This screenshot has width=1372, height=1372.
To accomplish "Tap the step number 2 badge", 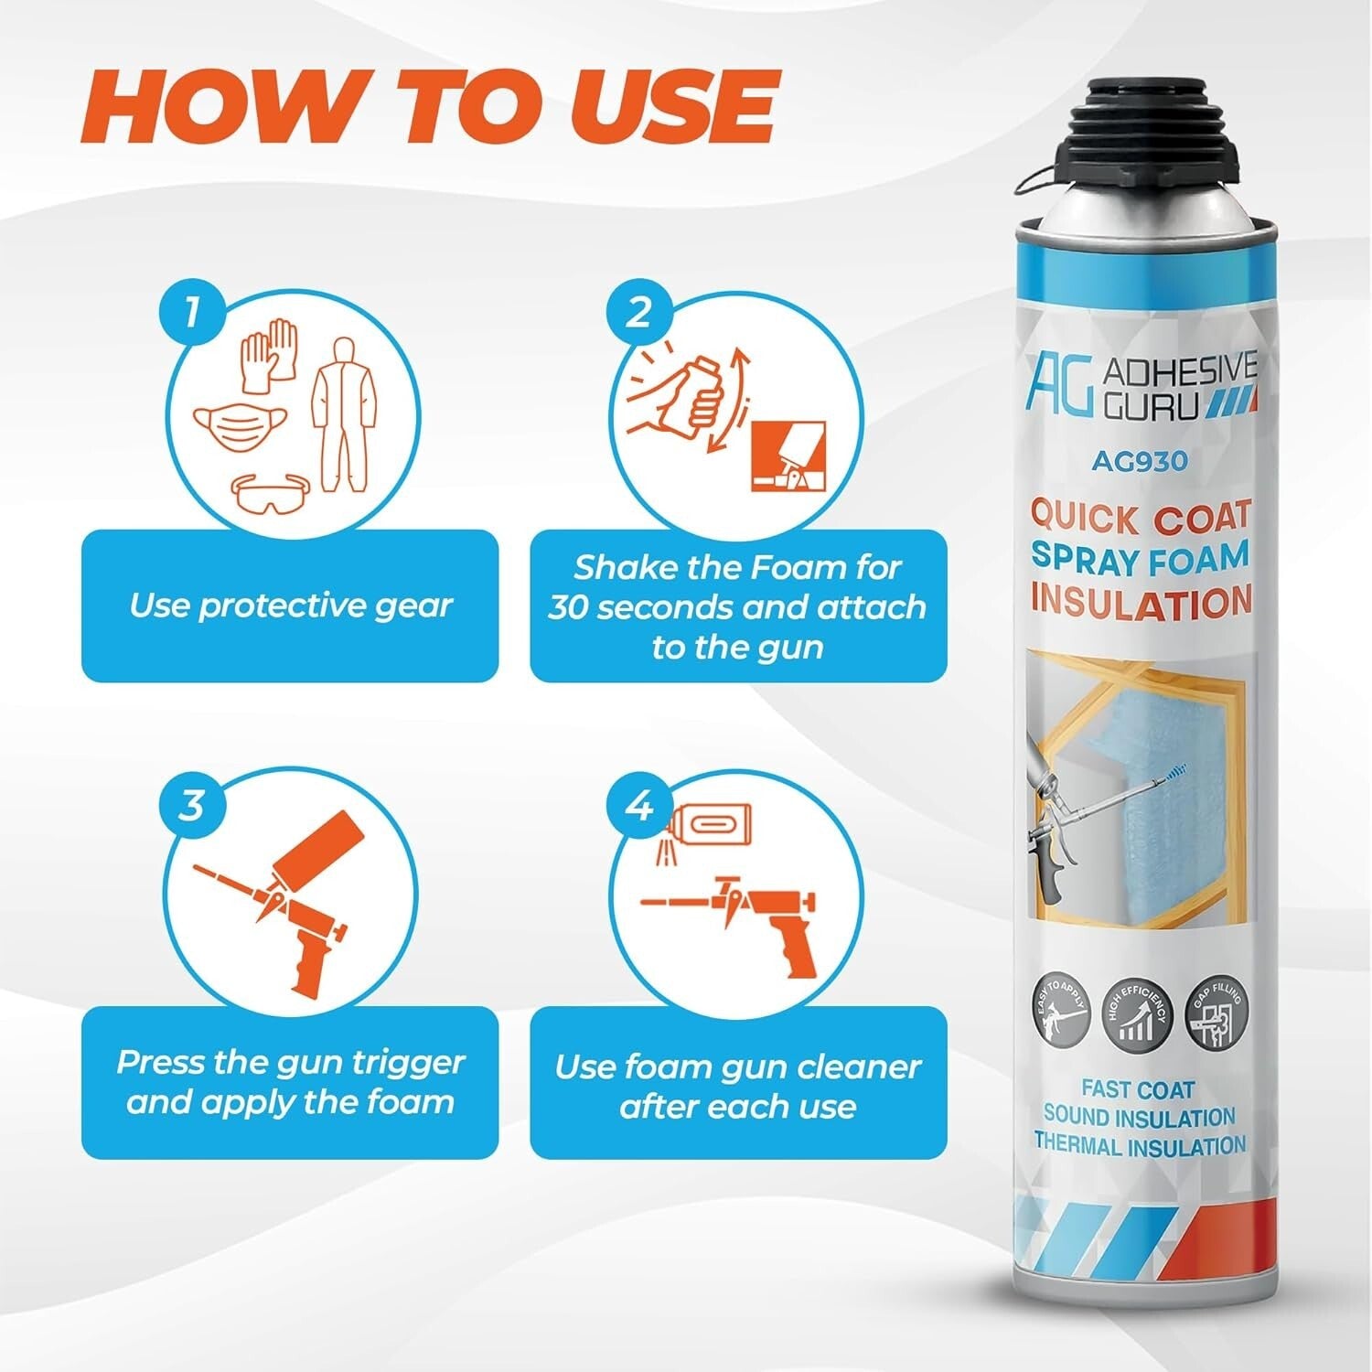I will [638, 312].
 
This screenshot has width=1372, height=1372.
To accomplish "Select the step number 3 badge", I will [190, 807].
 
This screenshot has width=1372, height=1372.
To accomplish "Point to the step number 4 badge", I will [638, 807].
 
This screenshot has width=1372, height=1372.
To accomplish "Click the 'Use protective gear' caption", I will [290, 606].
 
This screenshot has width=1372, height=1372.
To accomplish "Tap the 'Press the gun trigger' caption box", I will [290, 1082].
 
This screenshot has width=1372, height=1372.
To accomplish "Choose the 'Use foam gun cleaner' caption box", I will [738, 1086].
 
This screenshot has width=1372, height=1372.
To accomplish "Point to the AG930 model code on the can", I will [1139, 462].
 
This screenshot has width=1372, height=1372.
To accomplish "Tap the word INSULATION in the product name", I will [1141, 602].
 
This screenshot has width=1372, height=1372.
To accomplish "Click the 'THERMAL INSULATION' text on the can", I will [1140, 1145].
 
